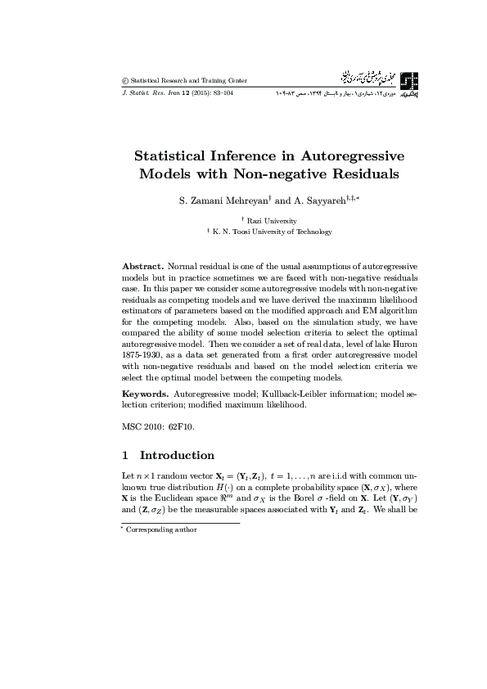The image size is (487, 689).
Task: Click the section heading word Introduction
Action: pyautogui.click(x=177, y=456)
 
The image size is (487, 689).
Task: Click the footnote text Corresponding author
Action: pyautogui.click(x=164, y=529)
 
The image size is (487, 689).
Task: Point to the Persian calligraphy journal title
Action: pyautogui.click(x=357, y=79)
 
